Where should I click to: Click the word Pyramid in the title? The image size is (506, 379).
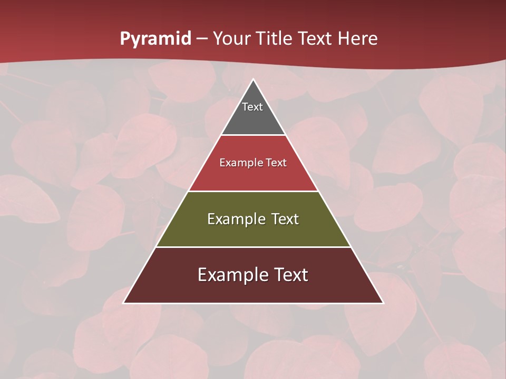pos(155,39)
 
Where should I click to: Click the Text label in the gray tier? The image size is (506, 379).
pos(252,107)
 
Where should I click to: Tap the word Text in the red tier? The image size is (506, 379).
pos(276,163)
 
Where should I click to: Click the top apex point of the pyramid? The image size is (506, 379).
pos(254,79)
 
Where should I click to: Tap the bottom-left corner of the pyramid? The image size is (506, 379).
pos(124,303)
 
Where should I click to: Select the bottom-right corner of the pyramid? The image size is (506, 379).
pos(383,303)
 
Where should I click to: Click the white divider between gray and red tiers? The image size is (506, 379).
pos(254,135)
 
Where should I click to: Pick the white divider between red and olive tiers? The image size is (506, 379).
pos(254,191)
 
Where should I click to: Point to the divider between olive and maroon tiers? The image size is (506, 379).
pos(254,247)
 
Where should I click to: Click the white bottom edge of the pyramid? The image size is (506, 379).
pos(254,303)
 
